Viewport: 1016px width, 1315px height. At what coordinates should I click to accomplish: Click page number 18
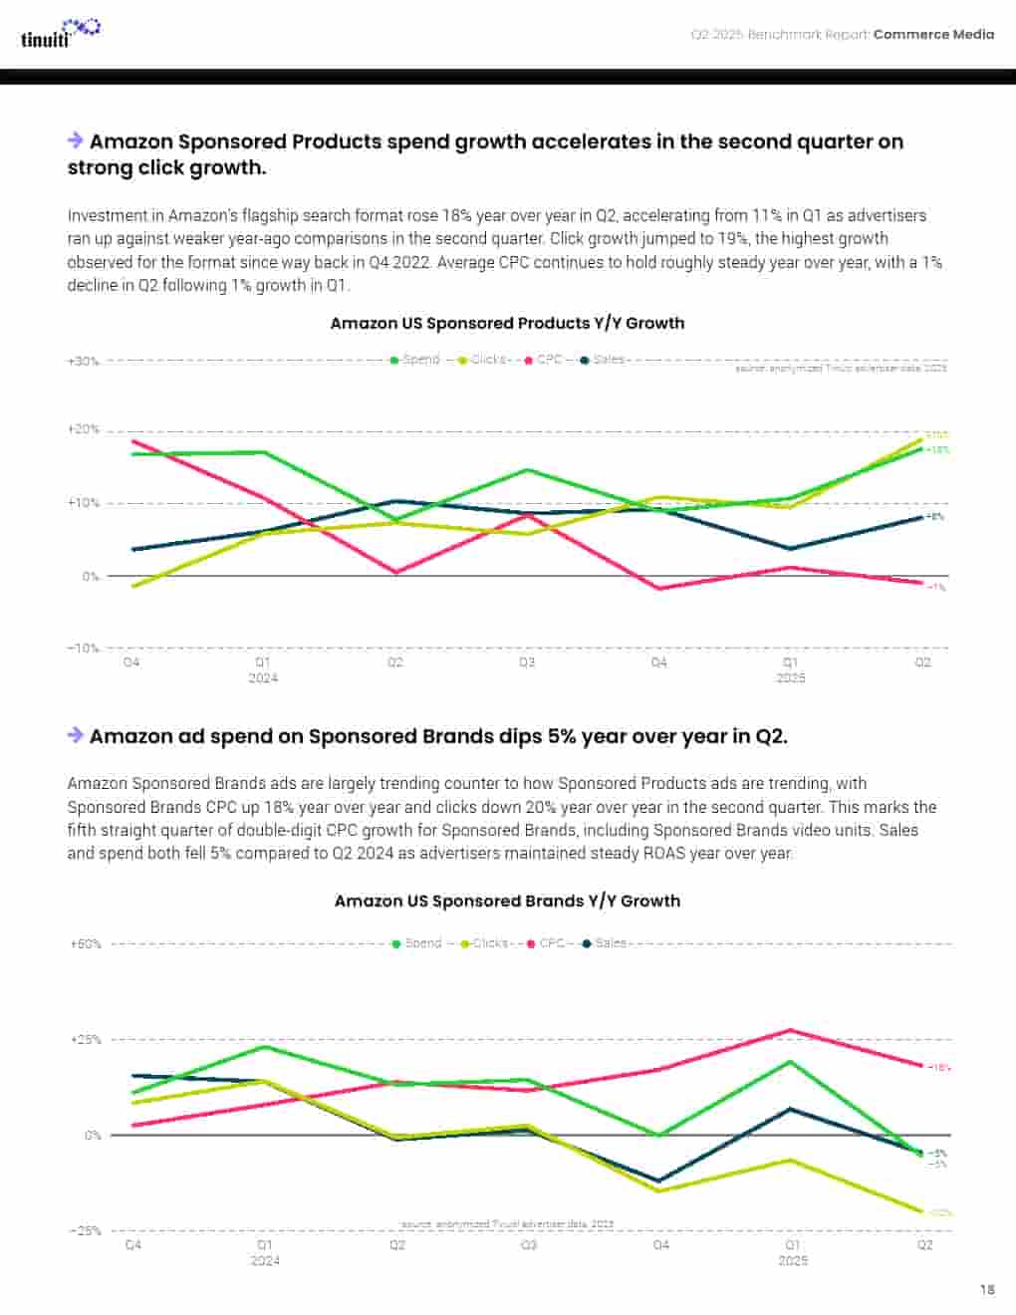pos(986,1289)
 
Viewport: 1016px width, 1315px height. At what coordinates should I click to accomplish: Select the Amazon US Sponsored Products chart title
pos(507,323)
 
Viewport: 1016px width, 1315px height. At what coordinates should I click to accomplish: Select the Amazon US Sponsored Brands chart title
pos(507,901)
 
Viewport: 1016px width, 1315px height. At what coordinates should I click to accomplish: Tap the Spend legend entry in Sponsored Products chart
pos(415,360)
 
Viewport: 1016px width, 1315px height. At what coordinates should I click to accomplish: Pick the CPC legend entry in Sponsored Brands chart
pos(547,942)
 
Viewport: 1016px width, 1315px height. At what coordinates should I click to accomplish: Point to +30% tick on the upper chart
pos(84,361)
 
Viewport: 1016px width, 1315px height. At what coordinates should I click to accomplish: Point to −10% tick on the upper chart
pos(84,649)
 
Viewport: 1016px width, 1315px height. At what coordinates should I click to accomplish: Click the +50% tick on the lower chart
pos(86,943)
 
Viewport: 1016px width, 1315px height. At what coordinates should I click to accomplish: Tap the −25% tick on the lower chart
pos(86,1231)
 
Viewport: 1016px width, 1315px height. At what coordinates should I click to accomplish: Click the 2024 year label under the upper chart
pos(263,678)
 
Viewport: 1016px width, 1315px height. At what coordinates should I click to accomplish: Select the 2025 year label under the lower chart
pos(793,1260)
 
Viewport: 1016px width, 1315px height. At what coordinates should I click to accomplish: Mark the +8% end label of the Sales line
pos(935,517)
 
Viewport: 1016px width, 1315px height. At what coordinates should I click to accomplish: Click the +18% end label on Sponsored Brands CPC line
pos(939,1067)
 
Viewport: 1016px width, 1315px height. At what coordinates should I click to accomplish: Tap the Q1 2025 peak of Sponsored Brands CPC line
pos(791,1030)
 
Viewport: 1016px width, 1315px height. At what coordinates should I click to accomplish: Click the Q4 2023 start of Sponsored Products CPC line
pos(132,440)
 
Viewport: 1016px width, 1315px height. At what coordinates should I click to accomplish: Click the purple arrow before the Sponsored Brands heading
pos(75,735)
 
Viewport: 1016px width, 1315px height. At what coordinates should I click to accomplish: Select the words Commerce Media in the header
pos(933,34)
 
